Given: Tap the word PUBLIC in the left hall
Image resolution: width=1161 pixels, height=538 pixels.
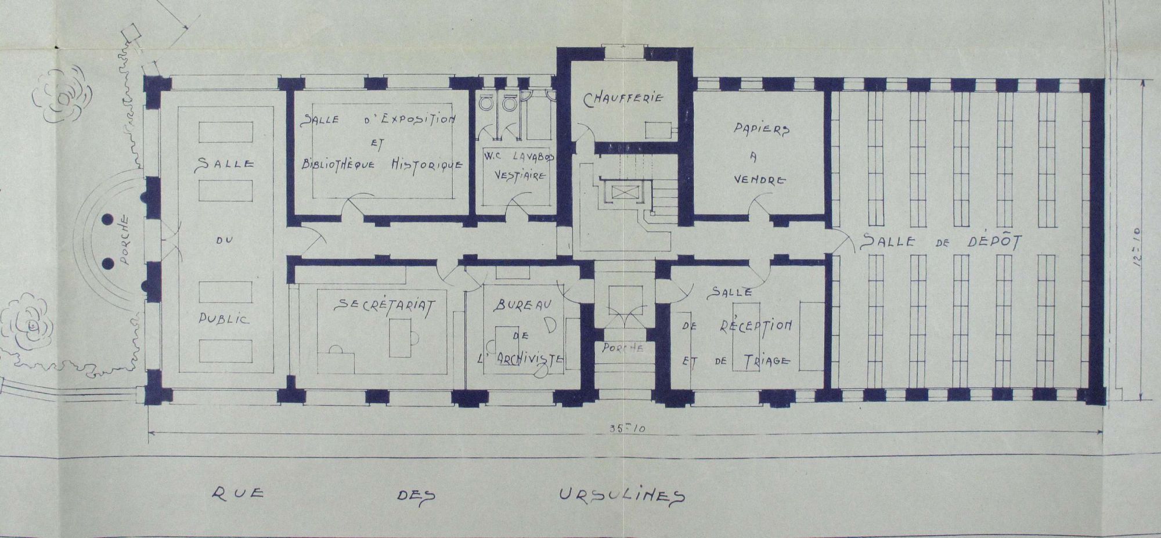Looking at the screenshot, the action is coord(225,318).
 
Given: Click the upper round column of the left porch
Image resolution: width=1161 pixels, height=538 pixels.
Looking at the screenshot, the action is coord(108,220).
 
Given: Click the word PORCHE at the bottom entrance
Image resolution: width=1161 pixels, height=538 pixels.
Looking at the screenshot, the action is coord(622,348).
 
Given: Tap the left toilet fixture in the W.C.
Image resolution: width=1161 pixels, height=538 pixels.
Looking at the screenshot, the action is coord(486,103).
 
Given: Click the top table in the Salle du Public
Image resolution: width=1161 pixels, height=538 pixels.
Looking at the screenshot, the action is coord(226,132).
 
